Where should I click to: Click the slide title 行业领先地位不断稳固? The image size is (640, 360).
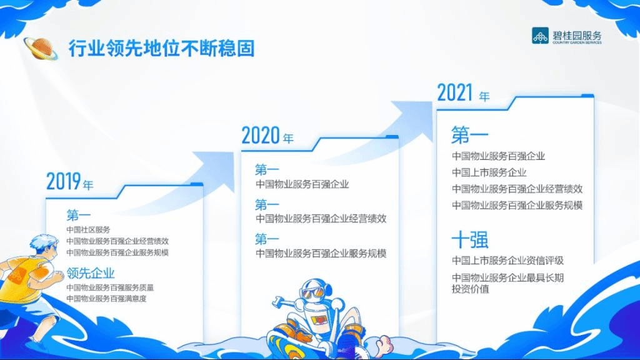tap(162, 48)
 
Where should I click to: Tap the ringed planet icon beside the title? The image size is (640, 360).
tap(41, 48)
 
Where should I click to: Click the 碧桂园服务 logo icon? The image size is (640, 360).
tap(540, 36)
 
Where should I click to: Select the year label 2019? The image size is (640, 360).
tap(64, 181)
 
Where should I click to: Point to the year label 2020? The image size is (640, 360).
tap(261, 136)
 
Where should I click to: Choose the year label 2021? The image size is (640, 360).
tap(455, 92)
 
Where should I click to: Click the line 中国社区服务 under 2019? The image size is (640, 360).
tap(88, 230)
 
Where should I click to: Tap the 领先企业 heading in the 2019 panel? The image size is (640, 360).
tap(91, 273)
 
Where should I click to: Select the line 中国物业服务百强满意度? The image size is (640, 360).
tap(106, 299)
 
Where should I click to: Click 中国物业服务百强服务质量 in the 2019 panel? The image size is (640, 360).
tap(110, 287)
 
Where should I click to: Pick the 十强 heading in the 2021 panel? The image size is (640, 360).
tap(470, 239)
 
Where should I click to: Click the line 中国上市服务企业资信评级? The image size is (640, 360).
tap(507, 261)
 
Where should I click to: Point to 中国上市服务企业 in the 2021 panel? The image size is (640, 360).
tap(489, 172)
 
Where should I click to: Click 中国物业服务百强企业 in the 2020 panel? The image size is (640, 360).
tap(302, 184)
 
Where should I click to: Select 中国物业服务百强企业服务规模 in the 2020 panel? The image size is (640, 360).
tap(321, 254)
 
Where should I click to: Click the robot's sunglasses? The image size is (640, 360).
tap(312, 292)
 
